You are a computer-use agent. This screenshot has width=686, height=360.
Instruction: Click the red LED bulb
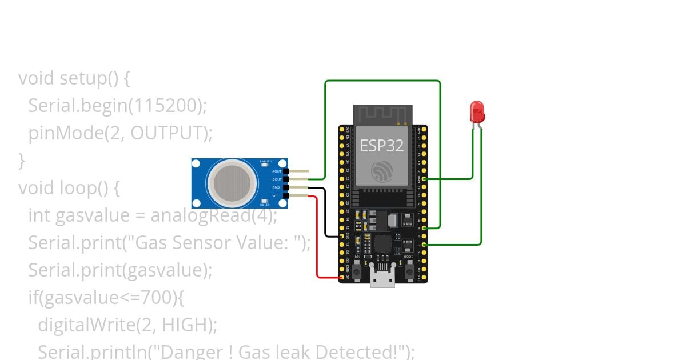coord(477,111)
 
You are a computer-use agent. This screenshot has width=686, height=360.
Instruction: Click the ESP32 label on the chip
coord(381,145)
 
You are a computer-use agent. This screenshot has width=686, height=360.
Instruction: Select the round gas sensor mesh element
coord(232,183)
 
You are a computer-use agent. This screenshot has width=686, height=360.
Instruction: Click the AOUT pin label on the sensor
coord(277,171)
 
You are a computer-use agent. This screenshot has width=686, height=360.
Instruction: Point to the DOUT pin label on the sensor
coord(277,179)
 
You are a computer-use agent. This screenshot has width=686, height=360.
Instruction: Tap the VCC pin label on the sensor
coord(276,195)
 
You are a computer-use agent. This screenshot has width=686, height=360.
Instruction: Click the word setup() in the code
coord(90,78)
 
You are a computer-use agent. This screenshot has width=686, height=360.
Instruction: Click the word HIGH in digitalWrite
coord(182,325)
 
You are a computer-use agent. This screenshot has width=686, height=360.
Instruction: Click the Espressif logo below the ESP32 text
coord(381,171)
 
